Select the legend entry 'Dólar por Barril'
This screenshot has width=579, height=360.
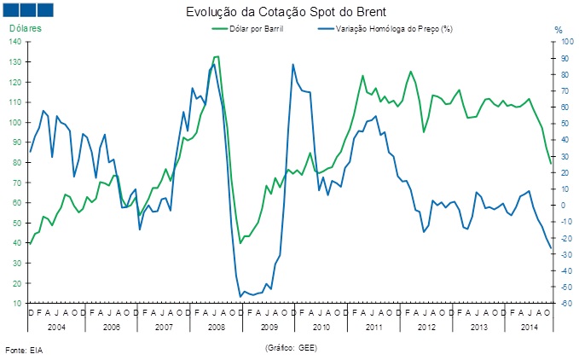257,30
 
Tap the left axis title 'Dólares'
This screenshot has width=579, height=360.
26,29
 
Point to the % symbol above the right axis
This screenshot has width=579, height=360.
559,30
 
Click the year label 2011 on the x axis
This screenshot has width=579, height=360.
373,327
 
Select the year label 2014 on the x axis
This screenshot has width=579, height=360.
529,327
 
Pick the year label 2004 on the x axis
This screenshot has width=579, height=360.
55,327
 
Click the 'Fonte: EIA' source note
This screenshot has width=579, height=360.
23,351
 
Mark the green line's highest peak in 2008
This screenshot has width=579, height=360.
216,56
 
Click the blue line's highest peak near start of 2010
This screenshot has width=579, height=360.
292,64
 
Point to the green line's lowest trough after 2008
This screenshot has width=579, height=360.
240,243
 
